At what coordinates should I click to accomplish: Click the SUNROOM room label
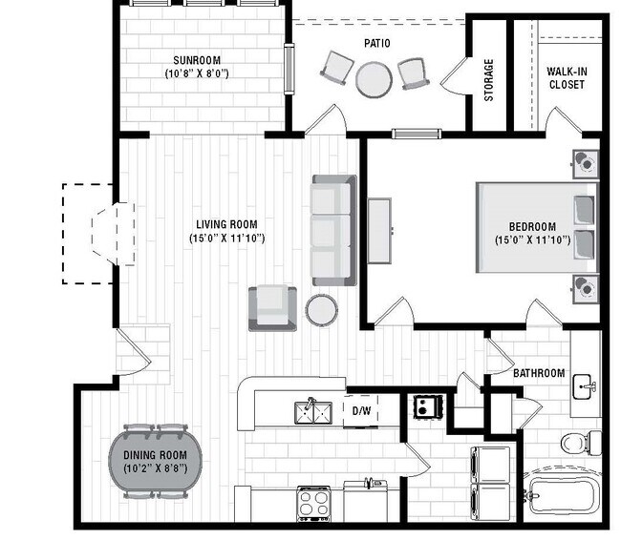click(195, 57)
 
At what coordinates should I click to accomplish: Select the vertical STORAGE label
click(489, 80)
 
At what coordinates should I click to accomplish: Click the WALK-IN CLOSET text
click(566, 77)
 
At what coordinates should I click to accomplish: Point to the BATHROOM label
click(539, 373)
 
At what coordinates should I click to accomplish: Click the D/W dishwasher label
click(361, 411)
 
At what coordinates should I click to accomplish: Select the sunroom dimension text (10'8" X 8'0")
click(195, 73)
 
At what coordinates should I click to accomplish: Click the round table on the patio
click(374, 79)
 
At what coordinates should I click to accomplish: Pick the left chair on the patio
click(336, 67)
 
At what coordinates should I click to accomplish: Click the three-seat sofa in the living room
click(332, 230)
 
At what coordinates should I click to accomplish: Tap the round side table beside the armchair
click(322, 309)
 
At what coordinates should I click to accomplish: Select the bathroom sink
click(585, 387)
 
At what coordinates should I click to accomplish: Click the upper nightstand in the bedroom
click(584, 164)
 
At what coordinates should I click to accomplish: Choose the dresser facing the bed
click(379, 230)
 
